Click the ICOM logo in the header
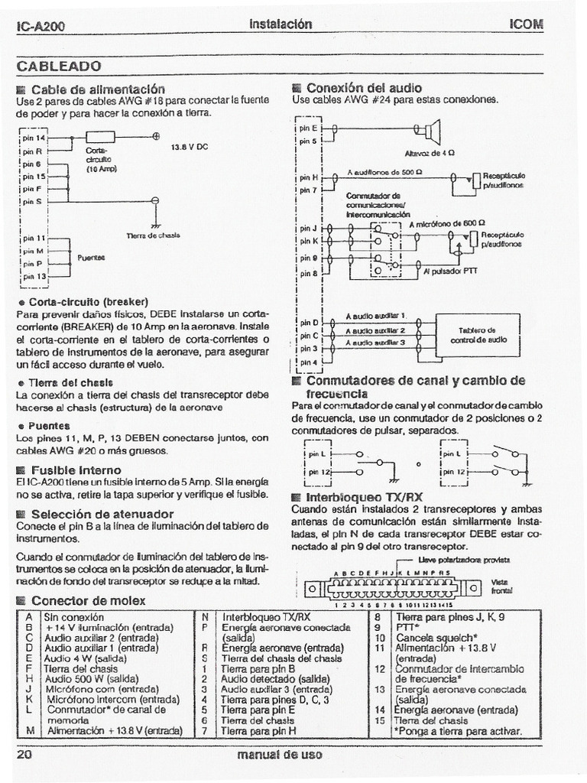[x=525, y=24]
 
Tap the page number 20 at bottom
[x=23, y=754]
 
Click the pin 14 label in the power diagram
[x=34, y=138]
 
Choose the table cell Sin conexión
[x=74, y=616]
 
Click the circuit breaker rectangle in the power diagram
[x=99, y=138]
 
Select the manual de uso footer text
[x=280, y=755]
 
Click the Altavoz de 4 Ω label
[x=430, y=153]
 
